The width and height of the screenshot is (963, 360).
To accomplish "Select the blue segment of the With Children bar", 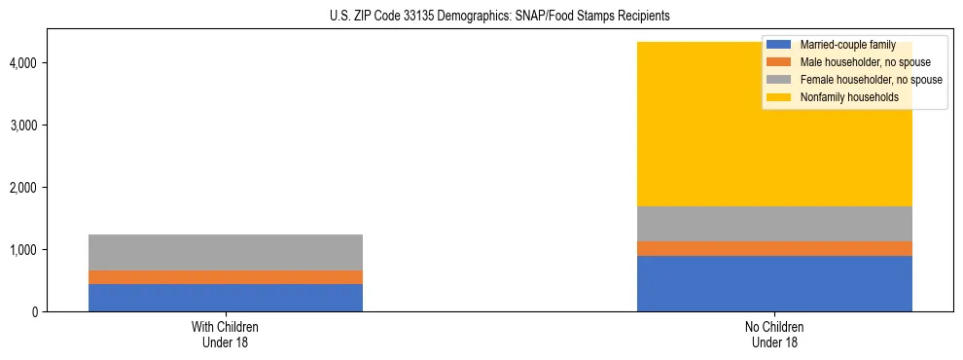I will tap(226, 298).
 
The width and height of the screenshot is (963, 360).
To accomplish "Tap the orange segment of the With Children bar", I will tap(226, 277).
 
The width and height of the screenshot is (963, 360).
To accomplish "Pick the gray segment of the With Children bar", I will tap(226, 252).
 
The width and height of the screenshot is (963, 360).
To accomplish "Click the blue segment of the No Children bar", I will tap(774, 283).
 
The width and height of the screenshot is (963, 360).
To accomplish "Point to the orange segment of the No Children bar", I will tap(774, 248).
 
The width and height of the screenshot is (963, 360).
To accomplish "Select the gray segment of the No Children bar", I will tap(774, 224).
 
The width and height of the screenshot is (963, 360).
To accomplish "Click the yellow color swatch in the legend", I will tap(779, 97).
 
